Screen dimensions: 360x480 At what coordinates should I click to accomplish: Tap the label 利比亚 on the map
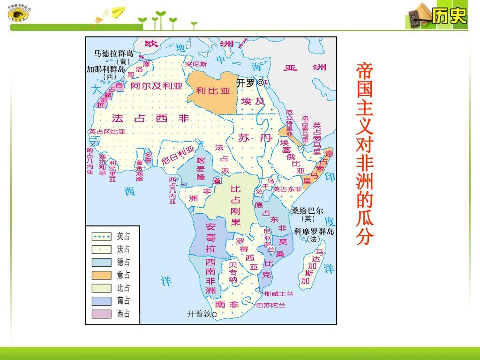[x=213, y=91]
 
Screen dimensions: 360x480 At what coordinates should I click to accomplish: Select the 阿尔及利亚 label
[x=156, y=86]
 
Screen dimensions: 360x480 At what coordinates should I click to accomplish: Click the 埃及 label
[x=253, y=101]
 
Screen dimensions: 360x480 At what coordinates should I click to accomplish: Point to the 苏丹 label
[x=248, y=138]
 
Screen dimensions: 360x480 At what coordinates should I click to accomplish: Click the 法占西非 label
[x=150, y=119]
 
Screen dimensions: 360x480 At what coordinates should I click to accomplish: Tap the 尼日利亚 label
[x=178, y=155]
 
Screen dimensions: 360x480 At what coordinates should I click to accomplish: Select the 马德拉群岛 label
[x=114, y=53]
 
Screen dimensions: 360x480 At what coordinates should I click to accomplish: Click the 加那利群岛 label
[x=105, y=69]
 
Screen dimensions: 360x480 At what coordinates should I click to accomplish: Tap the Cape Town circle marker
[x=214, y=315]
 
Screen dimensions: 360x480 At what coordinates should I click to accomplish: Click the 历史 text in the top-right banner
[x=449, y=17]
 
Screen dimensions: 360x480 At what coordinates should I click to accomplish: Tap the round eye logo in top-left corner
[x=18, y=15]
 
